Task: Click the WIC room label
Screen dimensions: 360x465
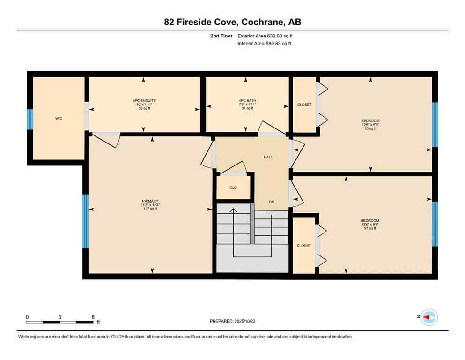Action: (59, 118)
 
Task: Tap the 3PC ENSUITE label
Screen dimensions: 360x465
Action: (144, 101)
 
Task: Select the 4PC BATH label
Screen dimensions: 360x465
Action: (247, 101)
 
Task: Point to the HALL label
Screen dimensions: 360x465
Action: (268, 157)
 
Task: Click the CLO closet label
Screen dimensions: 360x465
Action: (233, 187)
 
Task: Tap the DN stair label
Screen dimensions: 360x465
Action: (271, 202)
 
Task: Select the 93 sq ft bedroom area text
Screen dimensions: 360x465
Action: (370, 128)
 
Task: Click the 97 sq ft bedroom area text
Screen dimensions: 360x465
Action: (370, 228)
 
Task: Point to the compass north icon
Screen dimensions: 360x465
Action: (429, 317)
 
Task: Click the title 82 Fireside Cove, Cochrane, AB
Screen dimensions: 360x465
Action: (232, 22)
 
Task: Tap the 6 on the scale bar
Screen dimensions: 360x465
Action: (93, 317)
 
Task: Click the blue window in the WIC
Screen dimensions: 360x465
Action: (30, 119)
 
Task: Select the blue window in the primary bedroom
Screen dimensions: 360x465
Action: (86, 221)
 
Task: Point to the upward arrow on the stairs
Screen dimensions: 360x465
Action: (233, 211)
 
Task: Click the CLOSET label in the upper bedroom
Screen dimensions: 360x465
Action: (304, 105)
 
